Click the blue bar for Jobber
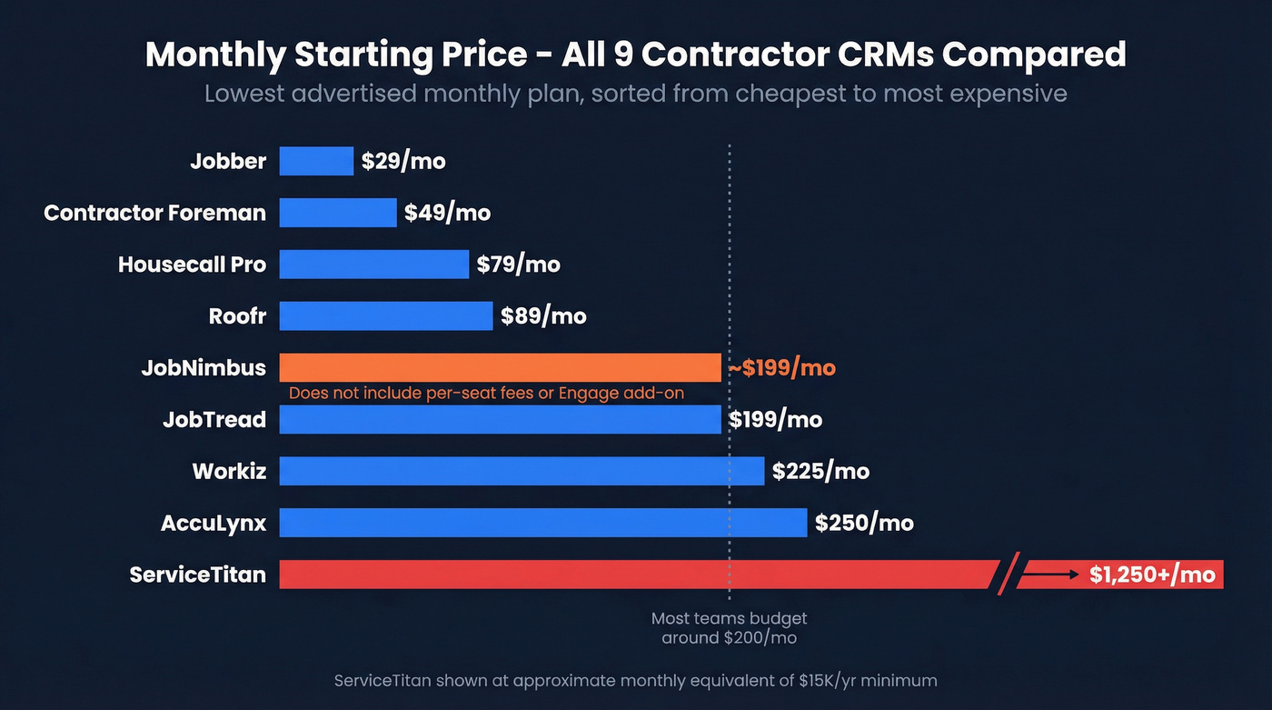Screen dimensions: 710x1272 click(x=316, y=161)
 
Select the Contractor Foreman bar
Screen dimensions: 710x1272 click(x=338, y=213)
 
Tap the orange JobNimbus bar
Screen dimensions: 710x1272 click(x=500, y=366)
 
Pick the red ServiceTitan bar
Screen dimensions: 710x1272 click(x=636, y=575)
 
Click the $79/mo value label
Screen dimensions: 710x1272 click(x=519, y=265)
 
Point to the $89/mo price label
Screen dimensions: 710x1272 click(x=543, y=316)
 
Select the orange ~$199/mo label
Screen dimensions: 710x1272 click(x=781, y=368)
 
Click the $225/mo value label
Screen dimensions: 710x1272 click(x=820, y=471)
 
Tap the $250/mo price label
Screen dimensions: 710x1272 click(x=864, y=523)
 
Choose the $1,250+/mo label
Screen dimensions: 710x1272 click(x=1151, y=575)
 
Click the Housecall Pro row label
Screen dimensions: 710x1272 click(x=192, y=265)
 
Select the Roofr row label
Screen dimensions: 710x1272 click(x=237, y=316)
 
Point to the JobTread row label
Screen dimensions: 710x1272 click(x=214, y=419)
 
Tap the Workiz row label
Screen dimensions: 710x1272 click(x=229, y=471)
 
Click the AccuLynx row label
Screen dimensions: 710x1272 click(x=214, y=523)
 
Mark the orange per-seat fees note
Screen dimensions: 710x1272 click(x=486, y=394)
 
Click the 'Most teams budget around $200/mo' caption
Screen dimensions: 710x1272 click(x=729, y=628)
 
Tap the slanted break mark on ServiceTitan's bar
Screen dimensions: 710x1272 click(x=1008, y=575)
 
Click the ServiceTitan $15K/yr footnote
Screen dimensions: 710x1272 click(x=635, y=680)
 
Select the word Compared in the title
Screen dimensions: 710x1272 click(x=1033, y=55)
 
